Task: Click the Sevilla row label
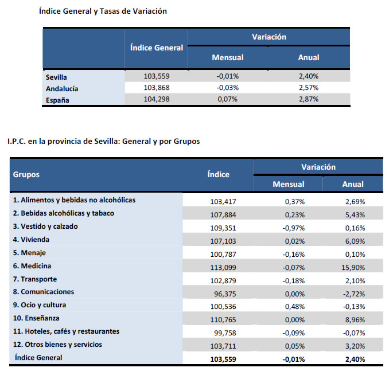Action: (56, 76)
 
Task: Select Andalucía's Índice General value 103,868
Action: (157, 88)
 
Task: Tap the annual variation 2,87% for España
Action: (309, 99)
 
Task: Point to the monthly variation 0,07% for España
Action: (228, 99)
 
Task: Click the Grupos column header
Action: (26, 174)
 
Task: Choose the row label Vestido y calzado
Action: (45, 226)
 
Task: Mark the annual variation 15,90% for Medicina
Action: (352, 267)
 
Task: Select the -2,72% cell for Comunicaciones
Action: (354, 292)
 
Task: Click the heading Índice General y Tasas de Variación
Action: (103, 11)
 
